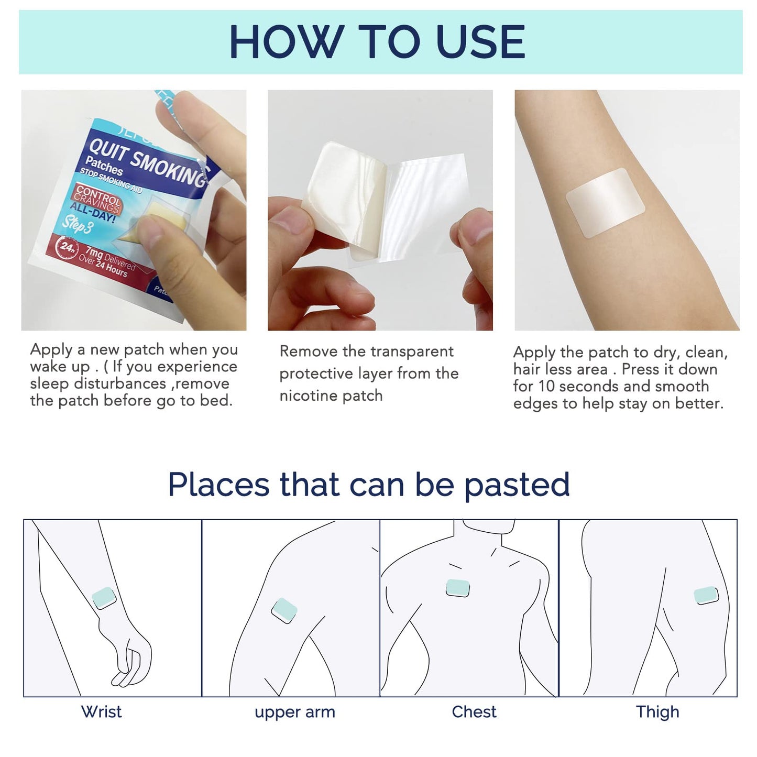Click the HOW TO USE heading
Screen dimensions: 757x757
click(x=377, y=42)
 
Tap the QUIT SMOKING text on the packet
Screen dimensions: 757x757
click(x=147, y=162)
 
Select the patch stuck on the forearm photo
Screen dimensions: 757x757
click(x=605, y=203)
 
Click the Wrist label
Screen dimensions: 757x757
click(x=101, y=712)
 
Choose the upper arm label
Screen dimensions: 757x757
click(x=294, y=712)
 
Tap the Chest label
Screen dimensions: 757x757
click(x=474, y=712)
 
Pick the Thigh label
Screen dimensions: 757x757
click(x=657, y=712)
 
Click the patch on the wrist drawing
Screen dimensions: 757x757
click(x=104, y=597)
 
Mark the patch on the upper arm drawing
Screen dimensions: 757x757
click(x=284, y=611)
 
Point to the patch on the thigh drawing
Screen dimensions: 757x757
click(x=706, y=596)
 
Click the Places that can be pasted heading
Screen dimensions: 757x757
click(x=369, y=485)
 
